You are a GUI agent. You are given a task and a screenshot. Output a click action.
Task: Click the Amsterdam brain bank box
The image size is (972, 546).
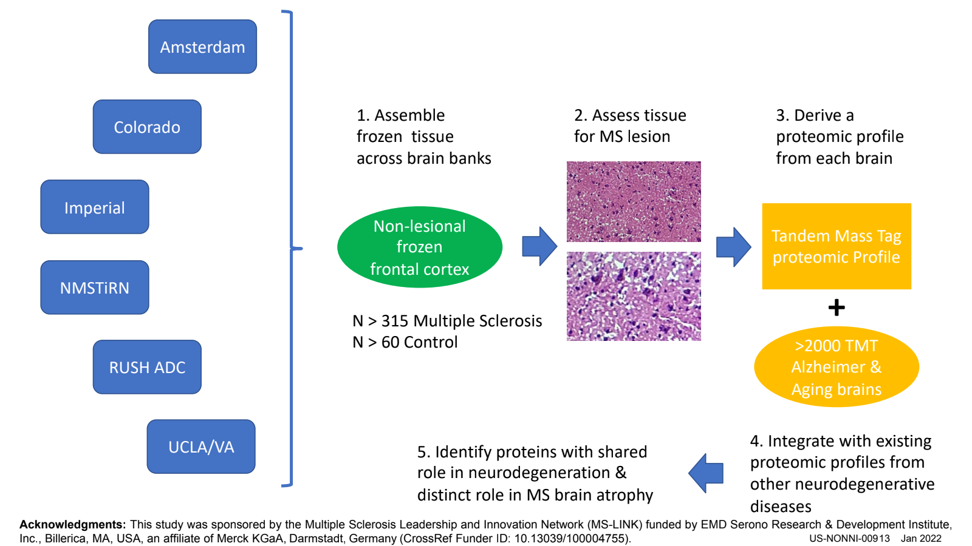202,47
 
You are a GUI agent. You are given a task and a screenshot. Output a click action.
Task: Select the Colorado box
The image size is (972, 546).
147,127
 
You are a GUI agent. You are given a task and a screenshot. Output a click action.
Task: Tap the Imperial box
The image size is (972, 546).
95,207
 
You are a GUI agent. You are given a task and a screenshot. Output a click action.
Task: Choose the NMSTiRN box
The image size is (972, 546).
95,288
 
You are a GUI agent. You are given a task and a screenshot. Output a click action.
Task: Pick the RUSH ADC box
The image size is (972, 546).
147,367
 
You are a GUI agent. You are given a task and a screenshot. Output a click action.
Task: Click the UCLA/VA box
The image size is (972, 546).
201,447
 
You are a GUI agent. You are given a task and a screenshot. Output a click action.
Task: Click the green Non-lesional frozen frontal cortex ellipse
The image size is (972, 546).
420,247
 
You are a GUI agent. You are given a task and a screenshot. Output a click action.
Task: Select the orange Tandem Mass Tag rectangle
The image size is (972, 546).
837,246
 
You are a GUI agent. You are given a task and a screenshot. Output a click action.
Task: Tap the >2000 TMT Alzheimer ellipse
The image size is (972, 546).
837,367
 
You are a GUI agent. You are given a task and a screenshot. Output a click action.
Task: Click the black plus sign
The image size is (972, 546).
837,308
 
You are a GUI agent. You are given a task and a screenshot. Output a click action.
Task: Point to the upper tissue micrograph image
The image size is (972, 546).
634,201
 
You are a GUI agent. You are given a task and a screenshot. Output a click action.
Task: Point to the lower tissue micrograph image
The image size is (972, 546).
634,296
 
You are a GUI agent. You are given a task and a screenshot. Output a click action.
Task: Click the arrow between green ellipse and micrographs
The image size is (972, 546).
539,246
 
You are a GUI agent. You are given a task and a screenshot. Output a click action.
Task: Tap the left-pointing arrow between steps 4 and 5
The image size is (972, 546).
706,473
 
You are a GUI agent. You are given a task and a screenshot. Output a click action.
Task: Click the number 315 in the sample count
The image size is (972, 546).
395,321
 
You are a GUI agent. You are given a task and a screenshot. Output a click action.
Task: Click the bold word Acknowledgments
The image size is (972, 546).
72,525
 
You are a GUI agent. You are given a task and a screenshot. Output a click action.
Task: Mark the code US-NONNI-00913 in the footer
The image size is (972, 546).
849,539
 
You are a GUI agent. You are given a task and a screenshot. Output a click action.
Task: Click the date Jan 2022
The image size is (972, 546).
921,539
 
